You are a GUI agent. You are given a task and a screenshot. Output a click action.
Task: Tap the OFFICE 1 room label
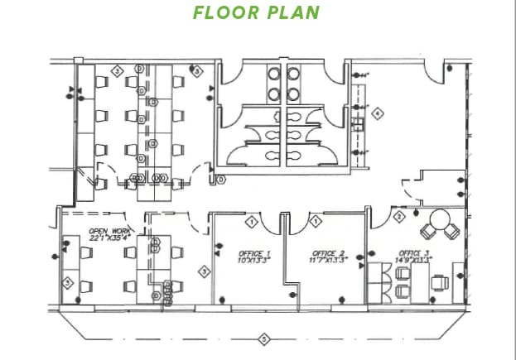click(253, 253)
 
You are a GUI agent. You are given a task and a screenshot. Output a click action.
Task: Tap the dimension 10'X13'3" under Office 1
click(253, 260)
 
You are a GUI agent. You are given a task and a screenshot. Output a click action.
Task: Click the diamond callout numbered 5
click(263, 338)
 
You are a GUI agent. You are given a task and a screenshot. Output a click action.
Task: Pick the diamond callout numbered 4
click(378, 113)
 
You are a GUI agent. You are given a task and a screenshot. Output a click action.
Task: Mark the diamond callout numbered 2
click(398, 217)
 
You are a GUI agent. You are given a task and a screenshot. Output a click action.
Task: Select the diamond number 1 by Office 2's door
click(316, 221)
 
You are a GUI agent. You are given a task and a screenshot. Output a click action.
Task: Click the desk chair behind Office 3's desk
click(441, 282)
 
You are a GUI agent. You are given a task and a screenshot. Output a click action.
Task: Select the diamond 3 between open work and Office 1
click(203, 271)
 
